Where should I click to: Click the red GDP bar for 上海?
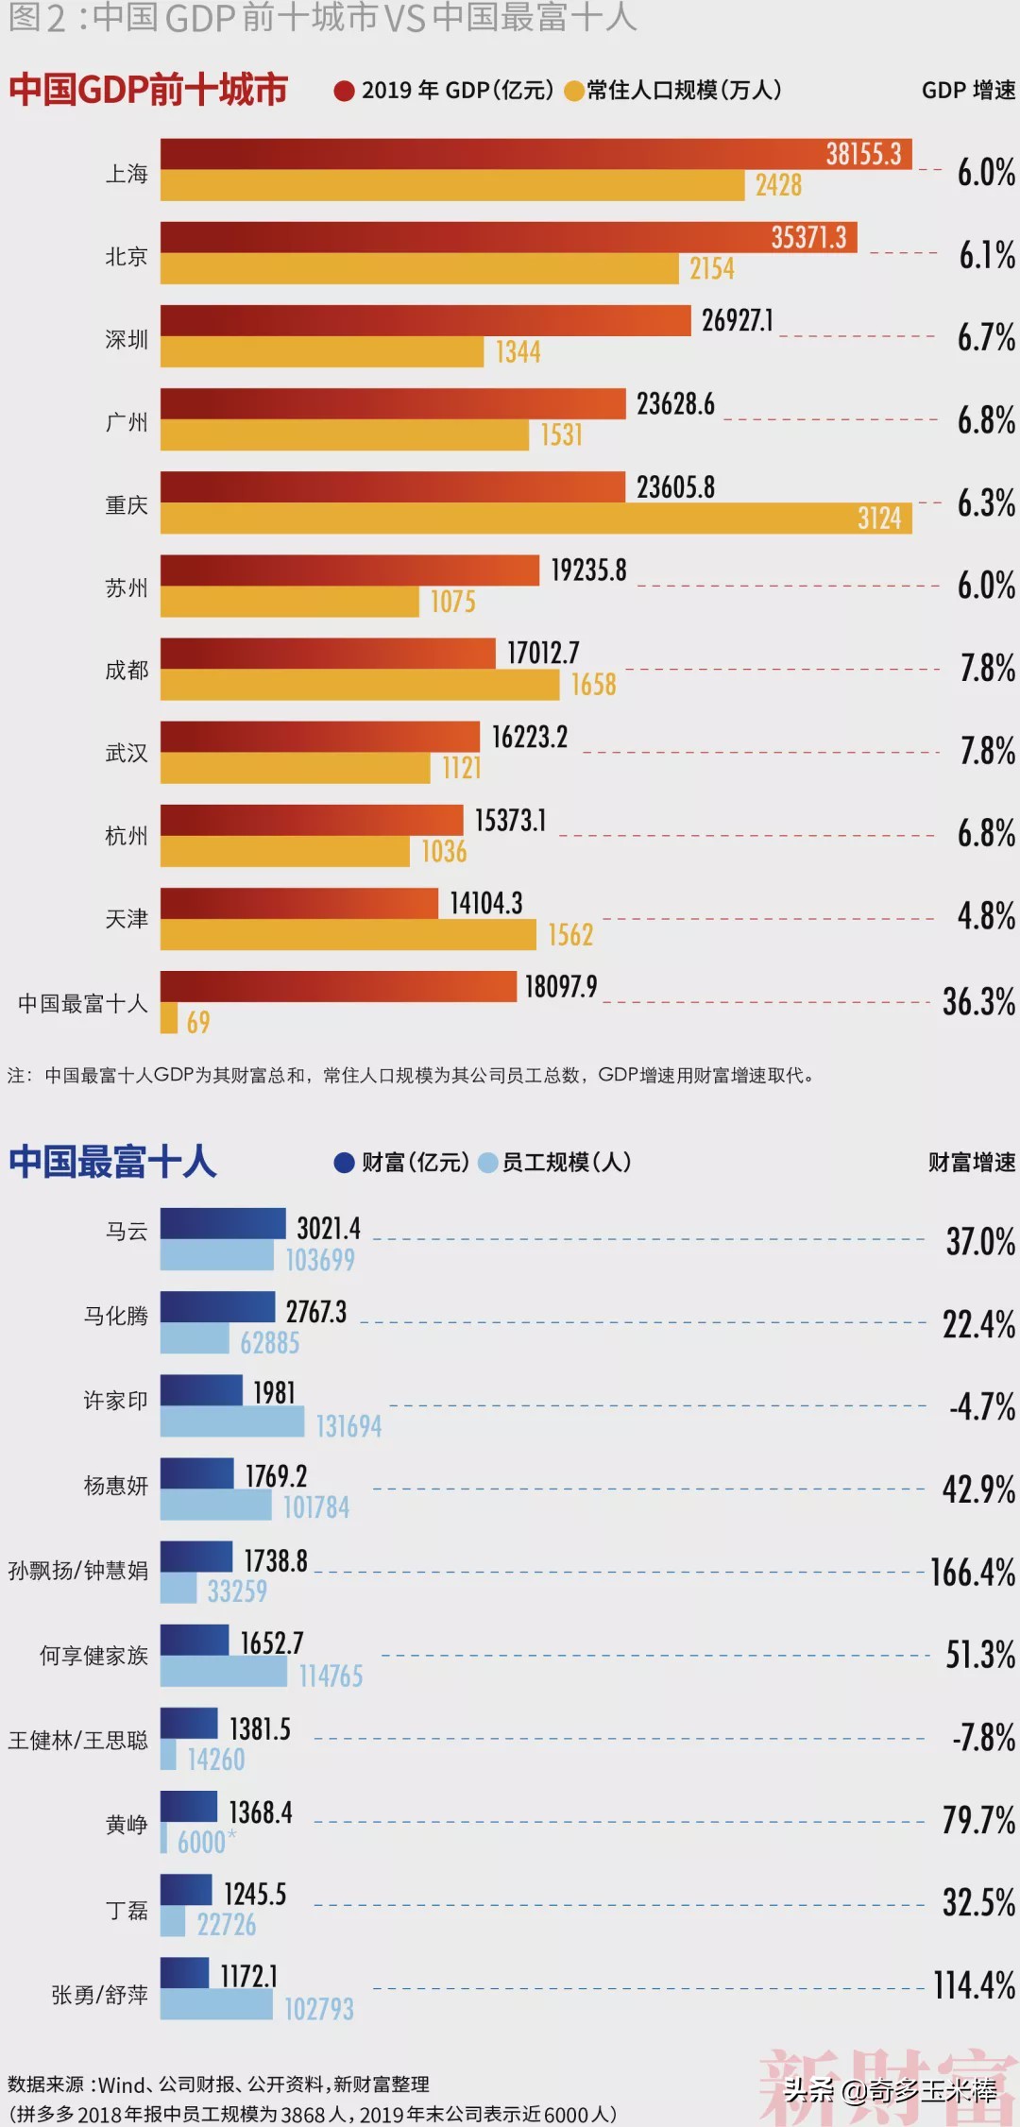click(x=491, y=154)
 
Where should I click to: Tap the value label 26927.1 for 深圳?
click(x=737, y=321)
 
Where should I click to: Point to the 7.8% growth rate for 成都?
click(x=987, y=669)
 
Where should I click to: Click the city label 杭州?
click(x=127, y=836)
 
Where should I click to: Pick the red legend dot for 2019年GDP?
click(x=344, y=91)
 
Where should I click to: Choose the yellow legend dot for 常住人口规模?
click(x=573, y=91)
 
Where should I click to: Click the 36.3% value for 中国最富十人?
click(x=978, y=1002)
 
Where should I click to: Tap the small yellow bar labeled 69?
click(x=169, y=1018)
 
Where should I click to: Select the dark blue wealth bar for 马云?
click(x=223, y=1223)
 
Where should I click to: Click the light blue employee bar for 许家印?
click(x=232, y=1421)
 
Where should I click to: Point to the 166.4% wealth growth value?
click(x=973, y=1573)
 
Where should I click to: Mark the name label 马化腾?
click(x=115, y=1316)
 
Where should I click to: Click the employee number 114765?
click(x=331, y=1676)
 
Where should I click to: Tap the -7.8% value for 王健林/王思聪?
click(x=983, y=1738)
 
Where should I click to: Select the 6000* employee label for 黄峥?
click(x=205, y=1842)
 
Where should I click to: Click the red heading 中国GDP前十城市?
click(x=148, y=90)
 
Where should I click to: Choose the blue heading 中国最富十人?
click(x=113, y=1162)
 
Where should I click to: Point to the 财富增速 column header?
click(x=971, y=1163)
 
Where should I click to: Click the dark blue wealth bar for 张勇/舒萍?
click(x=184, y=1973)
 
